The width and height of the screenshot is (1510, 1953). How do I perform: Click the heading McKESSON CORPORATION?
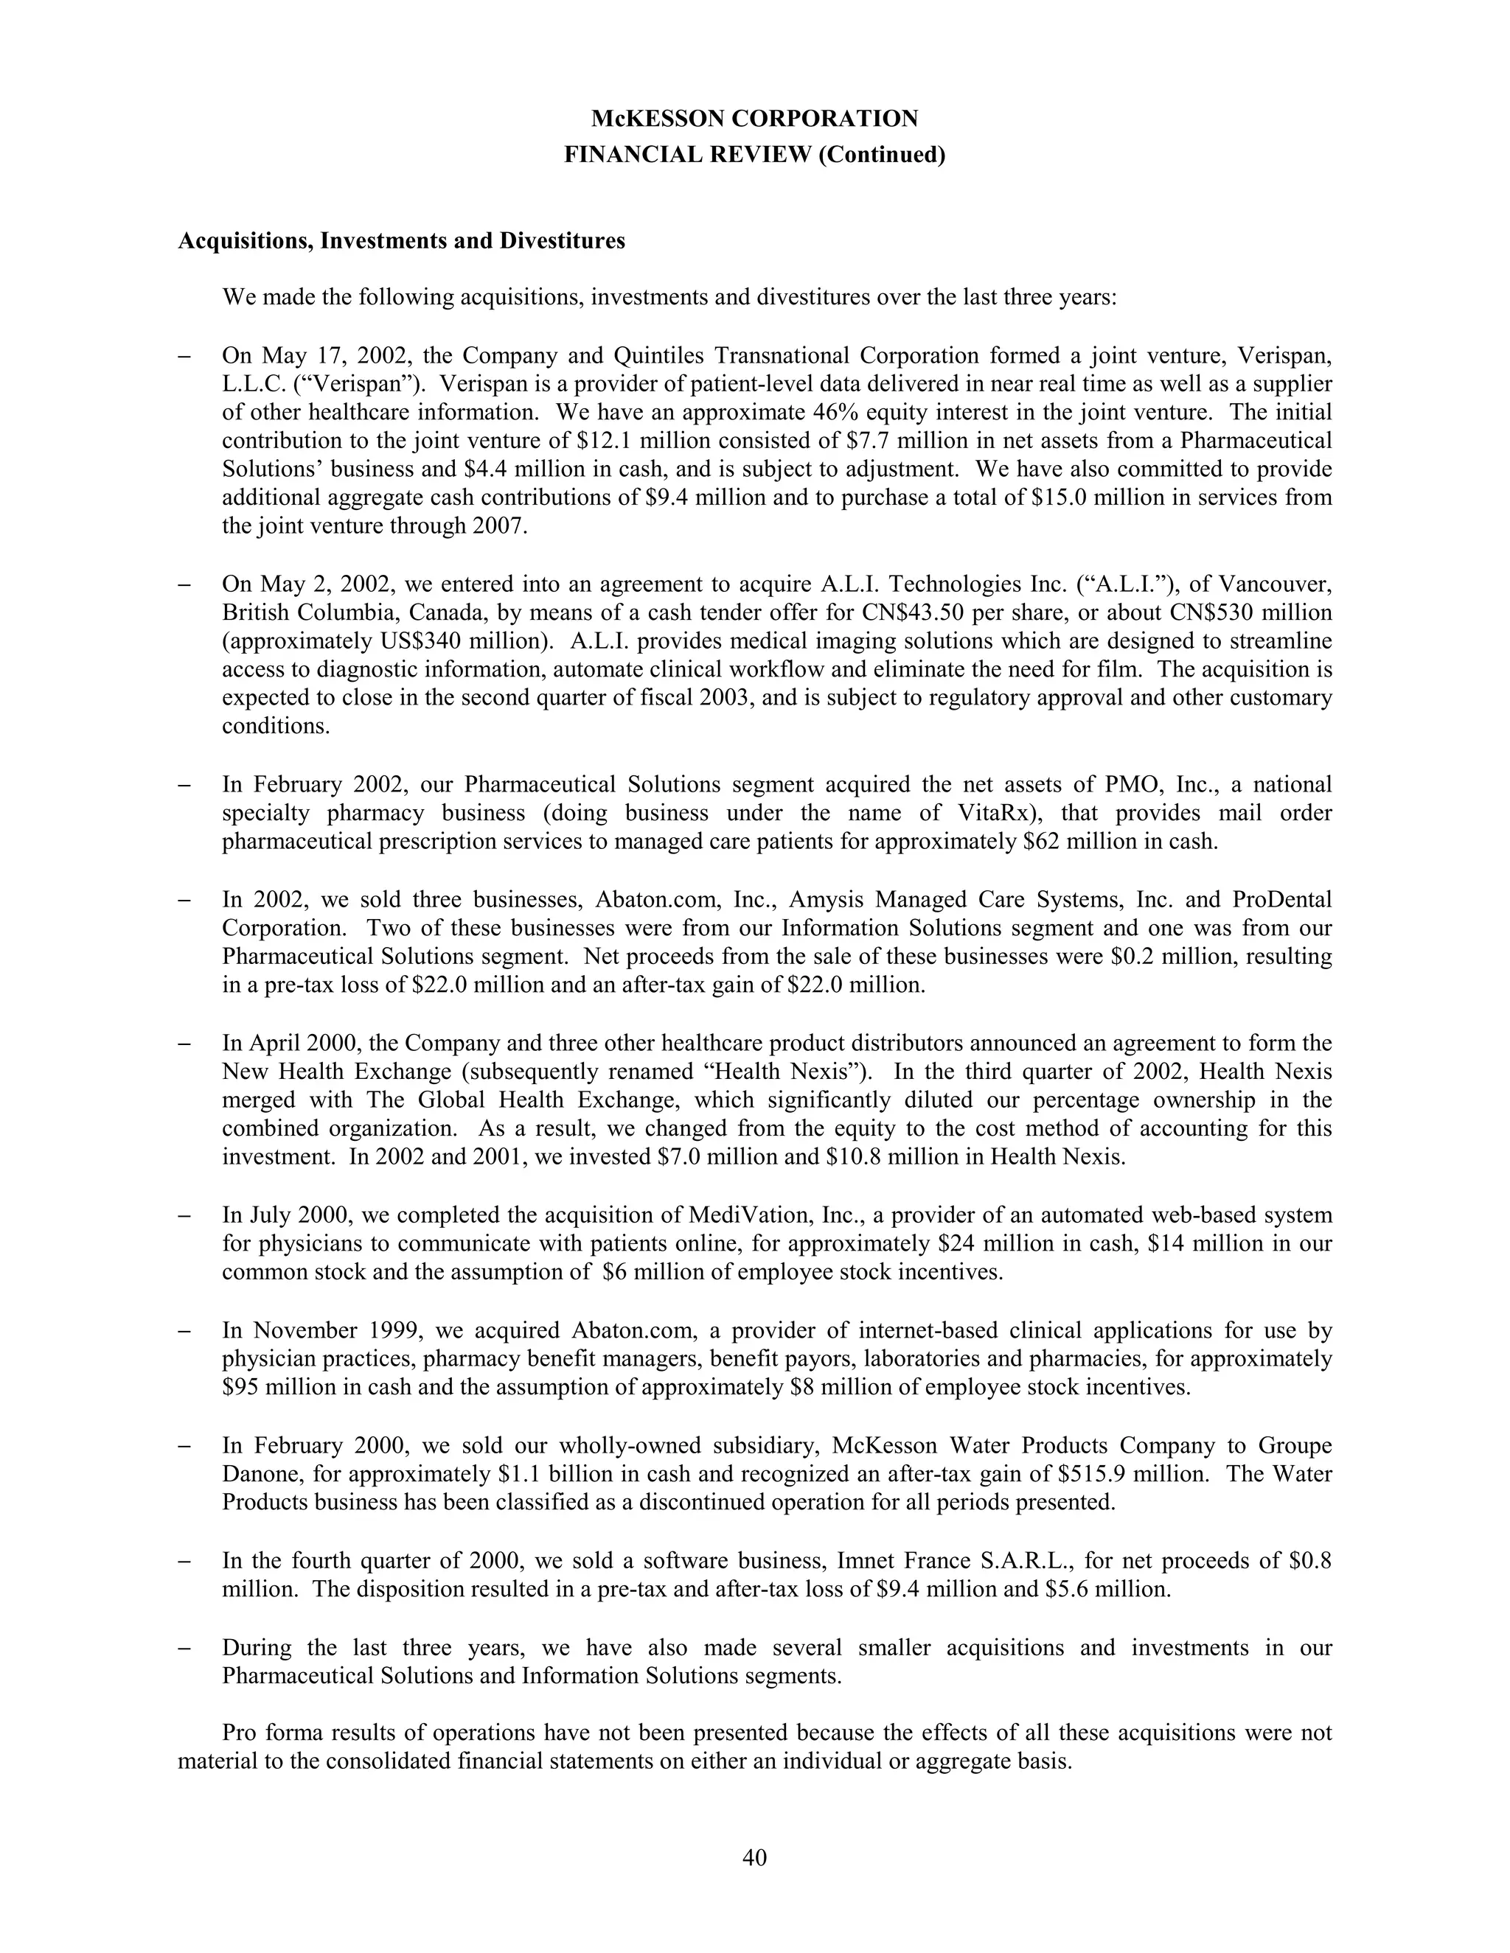[x=754, y=118]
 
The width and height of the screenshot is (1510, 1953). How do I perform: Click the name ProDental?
[x=1281, y=898]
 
